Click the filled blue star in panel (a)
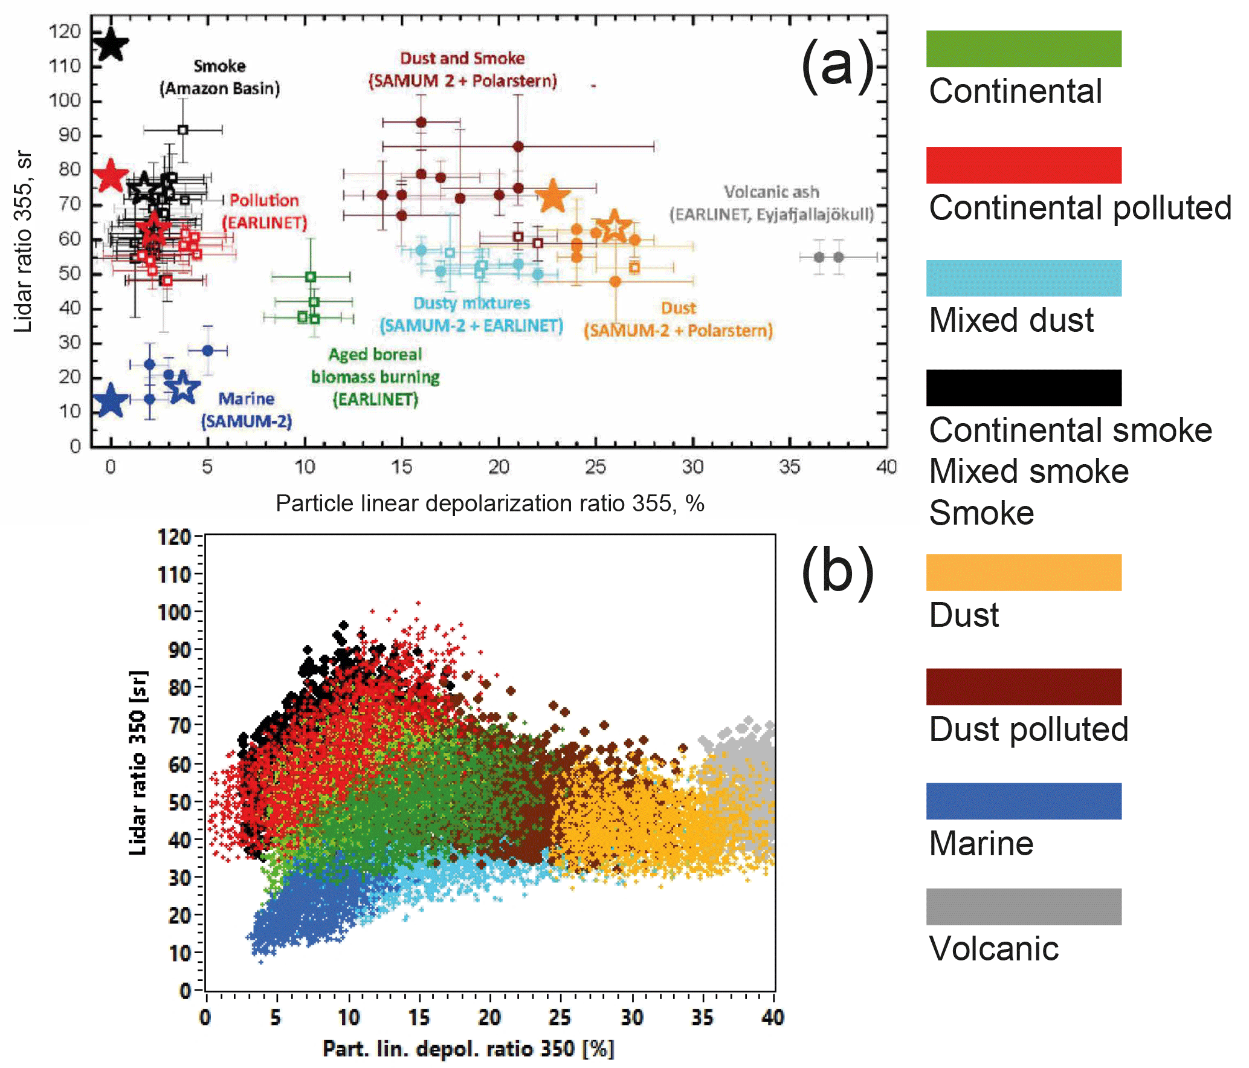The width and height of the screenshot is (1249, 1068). (111, 400)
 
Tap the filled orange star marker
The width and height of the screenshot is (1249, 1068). (552, 196)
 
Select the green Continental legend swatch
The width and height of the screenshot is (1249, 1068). (1023, 49)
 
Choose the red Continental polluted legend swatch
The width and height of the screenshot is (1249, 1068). (1023, 165)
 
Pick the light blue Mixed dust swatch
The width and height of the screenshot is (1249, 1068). (1023, 278)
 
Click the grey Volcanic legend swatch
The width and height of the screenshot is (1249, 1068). (1023, 907)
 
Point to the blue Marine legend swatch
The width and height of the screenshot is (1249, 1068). (1023, 801)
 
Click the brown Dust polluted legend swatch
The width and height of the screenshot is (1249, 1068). (1023, 687)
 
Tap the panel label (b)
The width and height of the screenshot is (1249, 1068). (838, 572)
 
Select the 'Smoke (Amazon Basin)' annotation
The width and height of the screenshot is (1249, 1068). (219, 77)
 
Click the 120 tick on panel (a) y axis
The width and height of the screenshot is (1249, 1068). (66, 31)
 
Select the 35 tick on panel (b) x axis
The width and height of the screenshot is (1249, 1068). (702, 1017)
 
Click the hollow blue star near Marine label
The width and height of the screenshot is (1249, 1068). (182, 387)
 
